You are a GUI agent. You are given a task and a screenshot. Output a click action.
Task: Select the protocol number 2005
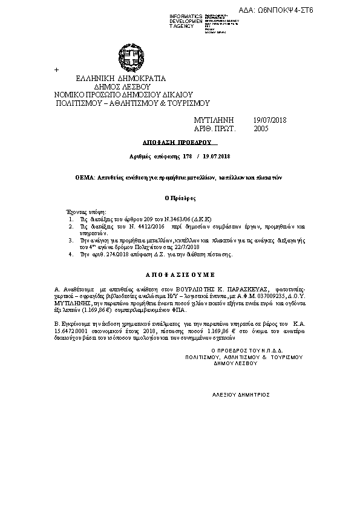tap(261, 129)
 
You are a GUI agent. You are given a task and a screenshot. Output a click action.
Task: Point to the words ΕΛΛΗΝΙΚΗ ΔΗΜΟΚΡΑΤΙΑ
tap(121, 79)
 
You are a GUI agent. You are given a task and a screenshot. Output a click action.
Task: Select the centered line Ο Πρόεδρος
tap(180, 198)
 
